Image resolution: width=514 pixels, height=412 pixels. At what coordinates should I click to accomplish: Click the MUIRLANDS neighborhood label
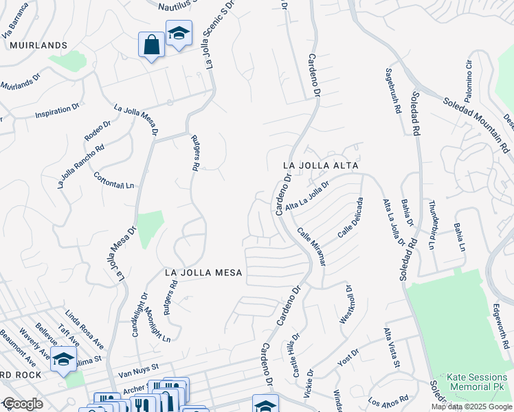click(x=38, y=45)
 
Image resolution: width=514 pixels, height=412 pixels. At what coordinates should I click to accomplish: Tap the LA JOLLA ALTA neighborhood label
click(x=322, y=166)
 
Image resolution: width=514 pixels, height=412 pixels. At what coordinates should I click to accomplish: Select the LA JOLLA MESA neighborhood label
click(x=204, y=273)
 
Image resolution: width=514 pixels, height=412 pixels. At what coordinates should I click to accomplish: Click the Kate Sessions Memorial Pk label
click(x=477, y=382)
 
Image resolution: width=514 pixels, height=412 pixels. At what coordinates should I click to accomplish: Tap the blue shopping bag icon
click(x=150, y=45)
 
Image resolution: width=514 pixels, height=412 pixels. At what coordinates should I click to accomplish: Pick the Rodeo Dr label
click(x=98, y=132)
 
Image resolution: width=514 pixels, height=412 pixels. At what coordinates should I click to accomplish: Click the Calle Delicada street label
click(x=350, y=218)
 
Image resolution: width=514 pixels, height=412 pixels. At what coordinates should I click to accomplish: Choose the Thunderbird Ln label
click(x=432, y=224)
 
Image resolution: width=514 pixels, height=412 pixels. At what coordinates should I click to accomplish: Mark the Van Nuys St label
click(x=138, y=368)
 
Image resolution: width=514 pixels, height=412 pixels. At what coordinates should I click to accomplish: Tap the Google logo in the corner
click(x=22, y=404)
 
